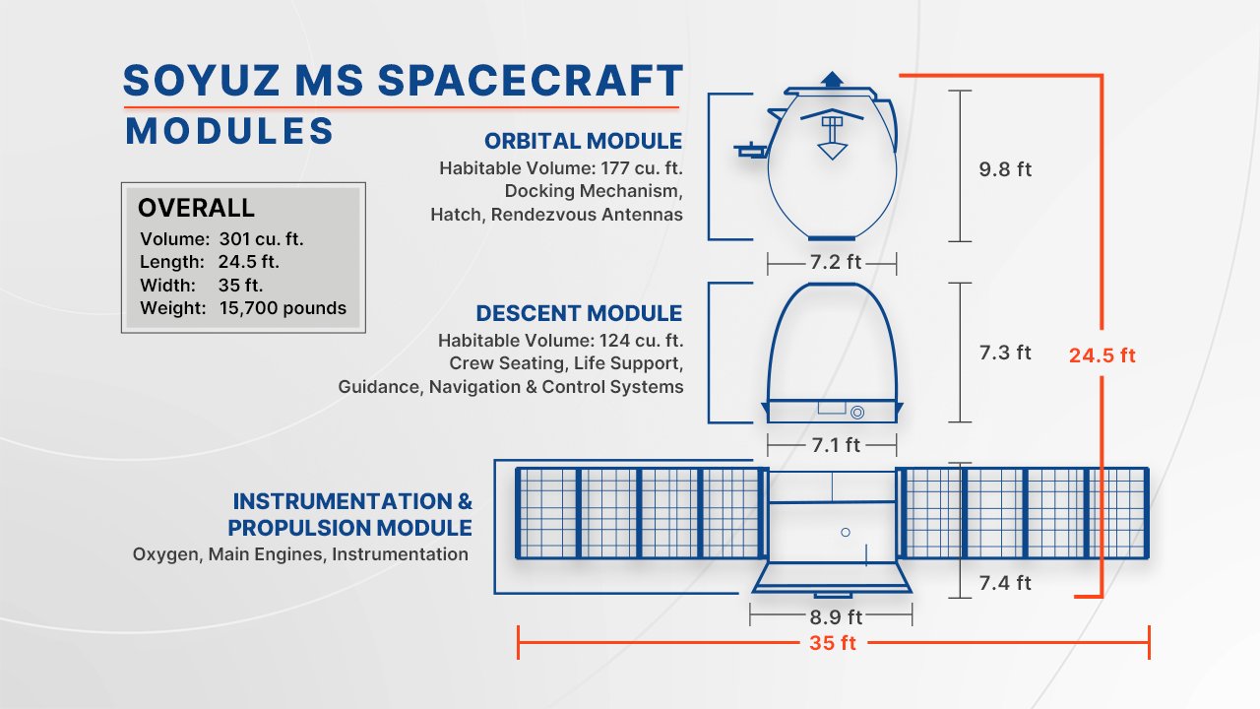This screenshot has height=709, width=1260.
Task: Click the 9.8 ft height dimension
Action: coord(1004,169)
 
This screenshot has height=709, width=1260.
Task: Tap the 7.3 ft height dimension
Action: coord(1004,353)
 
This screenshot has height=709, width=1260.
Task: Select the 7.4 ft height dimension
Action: coord(1004,583)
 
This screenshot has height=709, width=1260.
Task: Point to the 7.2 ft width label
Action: coord(832,264)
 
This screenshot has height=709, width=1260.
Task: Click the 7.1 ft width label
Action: coord(836,445)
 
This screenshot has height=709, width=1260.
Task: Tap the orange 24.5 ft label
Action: coord(1102,355)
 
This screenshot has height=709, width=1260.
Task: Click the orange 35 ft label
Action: coord(833,643)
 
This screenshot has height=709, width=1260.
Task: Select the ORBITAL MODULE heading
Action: coord(583,141)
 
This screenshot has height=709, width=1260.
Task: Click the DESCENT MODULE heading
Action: coord(579,313)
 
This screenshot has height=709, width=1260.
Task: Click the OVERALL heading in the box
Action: coord(196,208)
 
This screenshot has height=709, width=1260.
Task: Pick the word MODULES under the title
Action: coord(229,131)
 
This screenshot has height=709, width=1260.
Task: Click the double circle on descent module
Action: coord(857,412)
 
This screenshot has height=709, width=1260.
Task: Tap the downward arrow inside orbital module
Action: coord(833,149)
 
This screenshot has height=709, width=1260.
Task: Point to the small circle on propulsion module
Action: coord(845,532)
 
